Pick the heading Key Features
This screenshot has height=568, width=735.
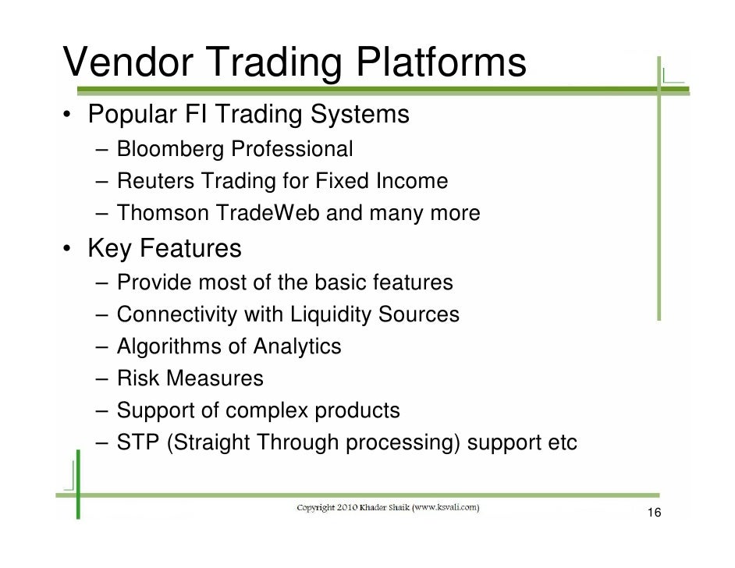[x=165, y=250]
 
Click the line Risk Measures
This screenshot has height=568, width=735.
[x=190, y=378]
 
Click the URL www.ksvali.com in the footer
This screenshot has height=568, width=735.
[x=443, y=508]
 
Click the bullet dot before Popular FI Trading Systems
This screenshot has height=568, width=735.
[x=69, y=116]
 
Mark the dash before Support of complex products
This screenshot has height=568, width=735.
[x=103, y=410]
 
